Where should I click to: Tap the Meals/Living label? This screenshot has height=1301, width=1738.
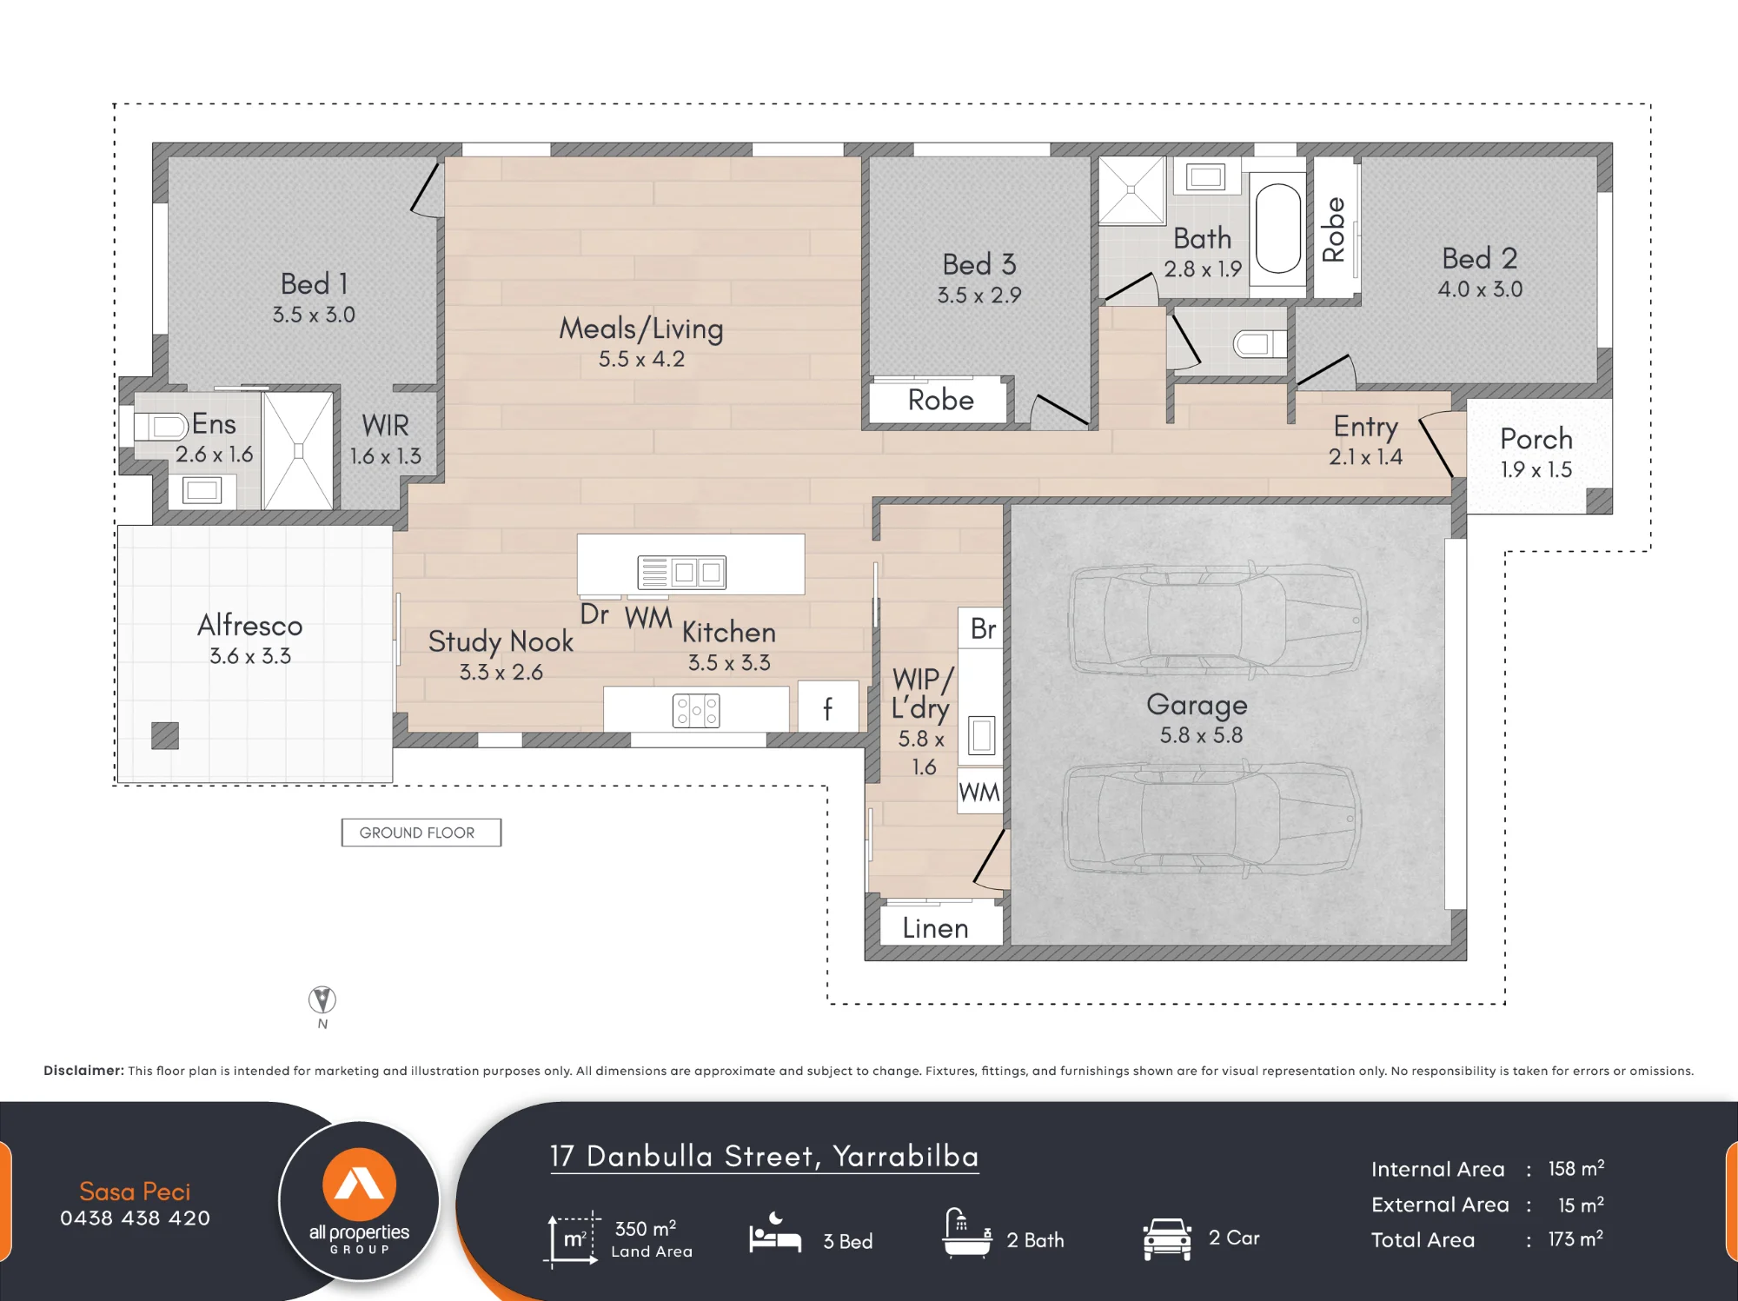point(641,329)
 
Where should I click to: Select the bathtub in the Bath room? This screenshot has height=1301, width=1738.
point(1278,229)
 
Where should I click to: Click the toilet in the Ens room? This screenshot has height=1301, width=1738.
point(162,426)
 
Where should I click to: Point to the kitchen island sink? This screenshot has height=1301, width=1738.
point(682,572)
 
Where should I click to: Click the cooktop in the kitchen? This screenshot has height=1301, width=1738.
point(696,711)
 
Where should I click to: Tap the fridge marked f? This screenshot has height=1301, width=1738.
point(828,707)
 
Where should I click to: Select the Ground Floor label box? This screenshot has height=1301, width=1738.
point(421,833)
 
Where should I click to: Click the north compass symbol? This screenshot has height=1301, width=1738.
point(322,999)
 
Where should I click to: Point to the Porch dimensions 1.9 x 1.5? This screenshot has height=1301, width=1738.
point(1536,469)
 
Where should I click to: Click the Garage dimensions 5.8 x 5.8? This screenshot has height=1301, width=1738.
point(1201,735)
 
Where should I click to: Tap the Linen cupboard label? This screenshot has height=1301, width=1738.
point(935,928)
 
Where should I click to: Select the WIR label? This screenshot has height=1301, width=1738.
point(385,425)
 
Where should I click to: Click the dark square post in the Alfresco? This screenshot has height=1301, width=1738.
point(165,735)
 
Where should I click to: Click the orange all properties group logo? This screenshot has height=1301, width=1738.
point(360,1185)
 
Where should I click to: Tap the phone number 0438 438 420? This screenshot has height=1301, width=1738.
point(136,1218)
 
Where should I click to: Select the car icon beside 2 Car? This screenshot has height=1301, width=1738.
point(1167,1238)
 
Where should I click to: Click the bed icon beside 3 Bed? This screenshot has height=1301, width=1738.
point(775,1234)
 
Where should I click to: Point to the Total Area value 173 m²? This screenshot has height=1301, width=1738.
point(1575,1238)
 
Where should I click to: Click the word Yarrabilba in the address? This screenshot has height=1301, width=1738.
point(905,1156)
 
